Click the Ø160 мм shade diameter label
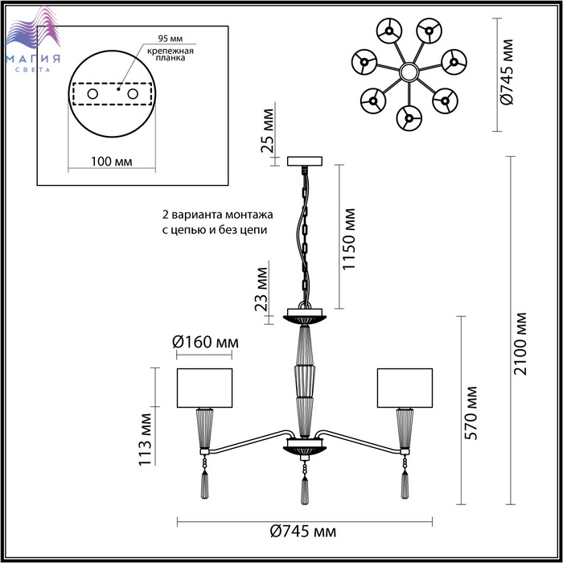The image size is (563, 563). click(207, 343)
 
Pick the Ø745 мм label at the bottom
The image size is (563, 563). click(302, 532)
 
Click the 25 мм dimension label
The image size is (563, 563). click(269, 134)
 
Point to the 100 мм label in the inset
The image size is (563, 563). click(111, 161)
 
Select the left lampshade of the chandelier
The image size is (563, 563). click(204, 388)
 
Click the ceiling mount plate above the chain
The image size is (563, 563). click(305, 161)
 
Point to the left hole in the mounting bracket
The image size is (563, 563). click(92, 95)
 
